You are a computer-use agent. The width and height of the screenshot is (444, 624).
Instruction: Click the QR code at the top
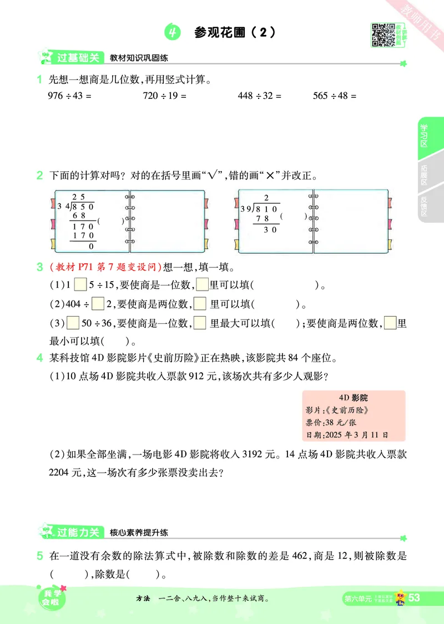click(380, 34)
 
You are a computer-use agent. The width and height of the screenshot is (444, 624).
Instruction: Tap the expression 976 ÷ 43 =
click(69, 96)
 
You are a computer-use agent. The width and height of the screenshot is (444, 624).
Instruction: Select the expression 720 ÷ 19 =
click(165, 96)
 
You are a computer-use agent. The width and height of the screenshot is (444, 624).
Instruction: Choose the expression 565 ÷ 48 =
click(335, 96)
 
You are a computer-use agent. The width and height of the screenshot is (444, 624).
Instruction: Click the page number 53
click(414, 598)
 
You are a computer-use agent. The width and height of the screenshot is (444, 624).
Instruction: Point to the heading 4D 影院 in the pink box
click(354, 398)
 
